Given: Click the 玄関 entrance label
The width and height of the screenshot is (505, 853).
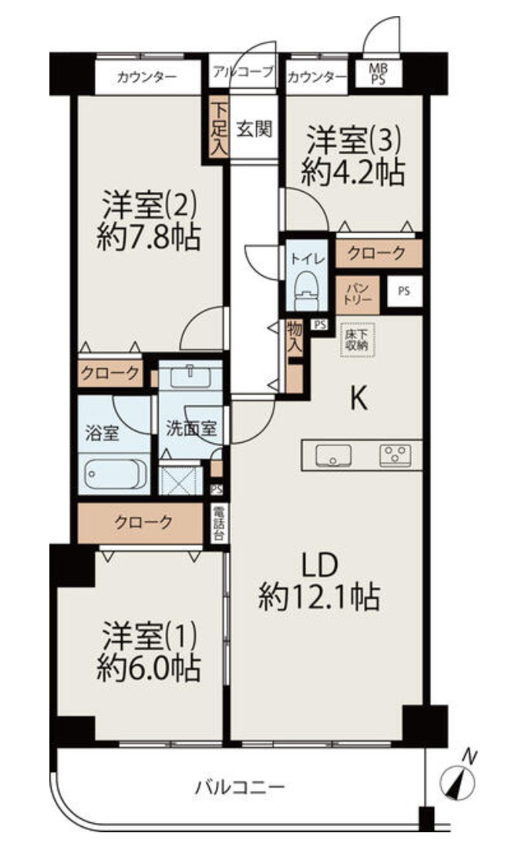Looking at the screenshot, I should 254,129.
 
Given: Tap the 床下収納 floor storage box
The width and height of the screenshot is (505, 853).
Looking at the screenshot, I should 356,340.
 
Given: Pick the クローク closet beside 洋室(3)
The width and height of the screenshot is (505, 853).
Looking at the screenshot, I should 377,253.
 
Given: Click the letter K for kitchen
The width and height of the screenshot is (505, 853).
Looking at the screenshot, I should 359,399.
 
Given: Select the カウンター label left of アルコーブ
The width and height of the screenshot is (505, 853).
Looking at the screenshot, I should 147,77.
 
